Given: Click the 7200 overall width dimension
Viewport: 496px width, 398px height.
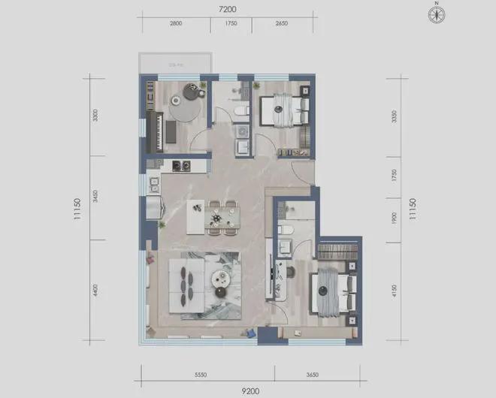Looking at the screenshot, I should pos(228,10).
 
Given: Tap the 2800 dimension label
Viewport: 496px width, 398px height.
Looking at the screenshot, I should pos(176,24).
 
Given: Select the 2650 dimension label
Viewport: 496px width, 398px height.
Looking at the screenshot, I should pos(282,24).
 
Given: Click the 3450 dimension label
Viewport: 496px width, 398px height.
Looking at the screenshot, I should pos(95,198).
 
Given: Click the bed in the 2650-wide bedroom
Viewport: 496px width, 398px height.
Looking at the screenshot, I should pos(283,111).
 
